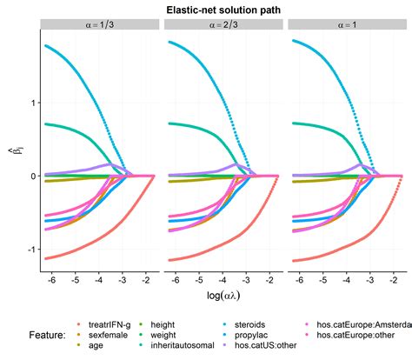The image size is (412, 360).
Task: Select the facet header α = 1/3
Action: [101, 27]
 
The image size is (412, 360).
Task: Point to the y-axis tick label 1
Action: [32, 103]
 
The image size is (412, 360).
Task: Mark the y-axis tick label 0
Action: [32, 177]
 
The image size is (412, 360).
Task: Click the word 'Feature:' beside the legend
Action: [37, 335]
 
